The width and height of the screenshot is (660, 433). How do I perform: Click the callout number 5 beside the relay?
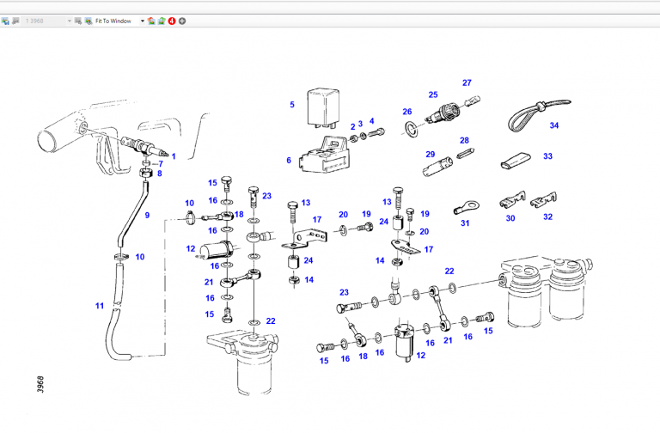[291, 105]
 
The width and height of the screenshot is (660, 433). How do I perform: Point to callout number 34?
[554, 125]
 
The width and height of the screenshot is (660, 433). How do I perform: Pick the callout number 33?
[547, 156]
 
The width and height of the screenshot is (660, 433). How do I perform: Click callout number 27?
[467, 83]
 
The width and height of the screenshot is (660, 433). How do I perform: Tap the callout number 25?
[433, 95]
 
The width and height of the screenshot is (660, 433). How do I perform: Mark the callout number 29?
[430, 154]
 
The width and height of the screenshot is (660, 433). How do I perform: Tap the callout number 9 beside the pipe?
[147, 215]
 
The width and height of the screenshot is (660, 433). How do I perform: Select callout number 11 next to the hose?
[99, 305]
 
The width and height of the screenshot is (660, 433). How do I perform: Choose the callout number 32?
[547, 216]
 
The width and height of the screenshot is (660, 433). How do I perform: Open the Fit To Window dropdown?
[142, 21]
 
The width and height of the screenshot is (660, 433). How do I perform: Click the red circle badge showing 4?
[171, 21]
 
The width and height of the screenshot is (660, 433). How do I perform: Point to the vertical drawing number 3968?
[40, 384]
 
